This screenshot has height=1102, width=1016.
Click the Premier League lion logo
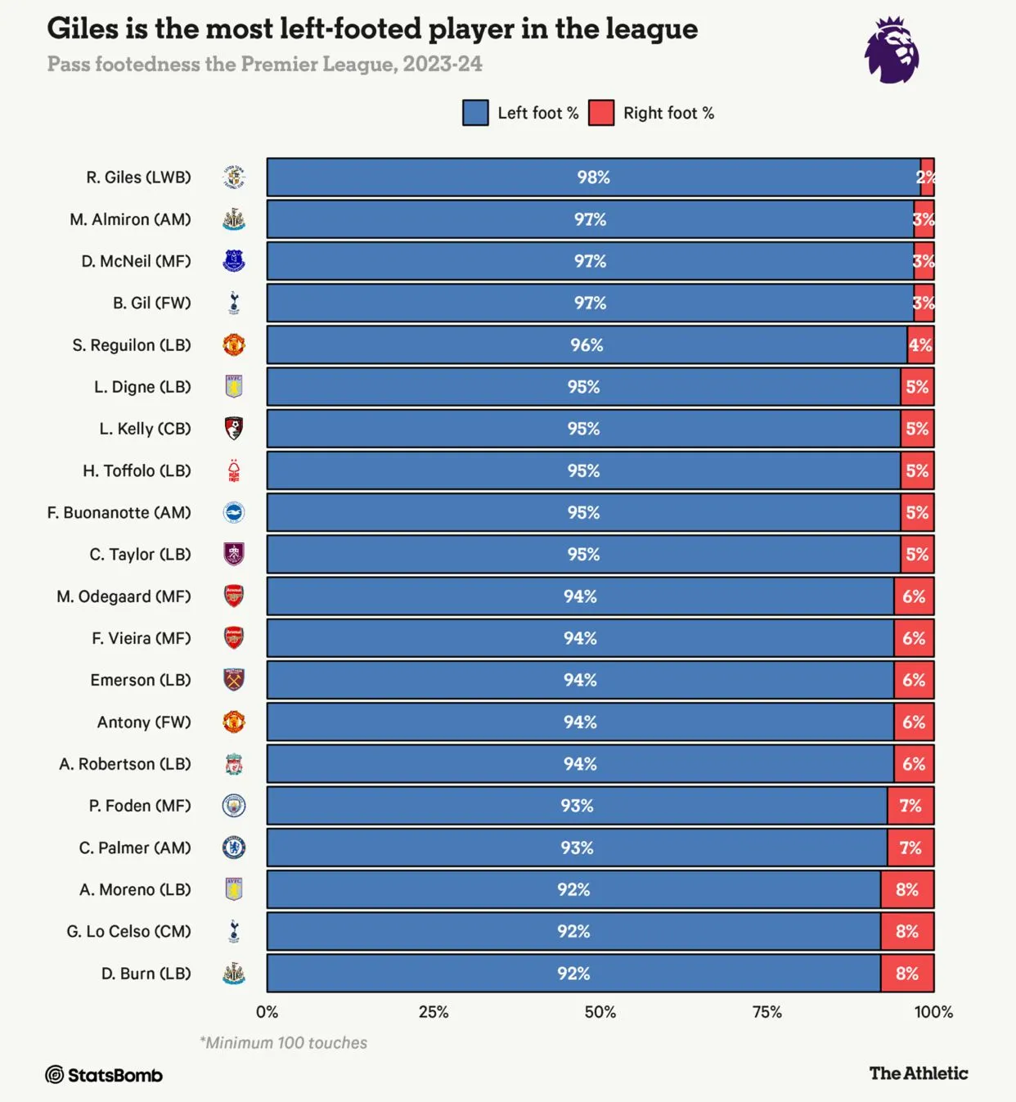892,51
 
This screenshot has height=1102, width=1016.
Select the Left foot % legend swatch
475,113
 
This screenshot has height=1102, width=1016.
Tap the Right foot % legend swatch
601,113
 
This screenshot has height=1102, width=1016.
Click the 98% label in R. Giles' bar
593,178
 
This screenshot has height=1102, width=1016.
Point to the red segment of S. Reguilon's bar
920,345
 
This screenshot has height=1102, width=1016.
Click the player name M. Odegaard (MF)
124,596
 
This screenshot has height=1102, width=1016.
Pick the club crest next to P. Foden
234,806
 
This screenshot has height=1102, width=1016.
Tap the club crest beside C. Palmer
234,848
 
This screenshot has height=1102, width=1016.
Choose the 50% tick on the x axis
600,1012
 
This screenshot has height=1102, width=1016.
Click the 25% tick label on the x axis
434,1012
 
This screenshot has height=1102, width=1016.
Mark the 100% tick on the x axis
933,1012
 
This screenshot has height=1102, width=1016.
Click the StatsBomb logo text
104,1075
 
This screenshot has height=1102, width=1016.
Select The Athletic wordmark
918,1073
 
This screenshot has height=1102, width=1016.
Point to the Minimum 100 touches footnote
283,1043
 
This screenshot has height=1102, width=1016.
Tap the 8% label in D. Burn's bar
906,974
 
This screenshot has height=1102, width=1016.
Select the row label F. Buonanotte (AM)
119,513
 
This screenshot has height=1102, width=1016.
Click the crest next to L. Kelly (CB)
234,429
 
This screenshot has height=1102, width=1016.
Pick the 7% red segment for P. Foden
910,806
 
